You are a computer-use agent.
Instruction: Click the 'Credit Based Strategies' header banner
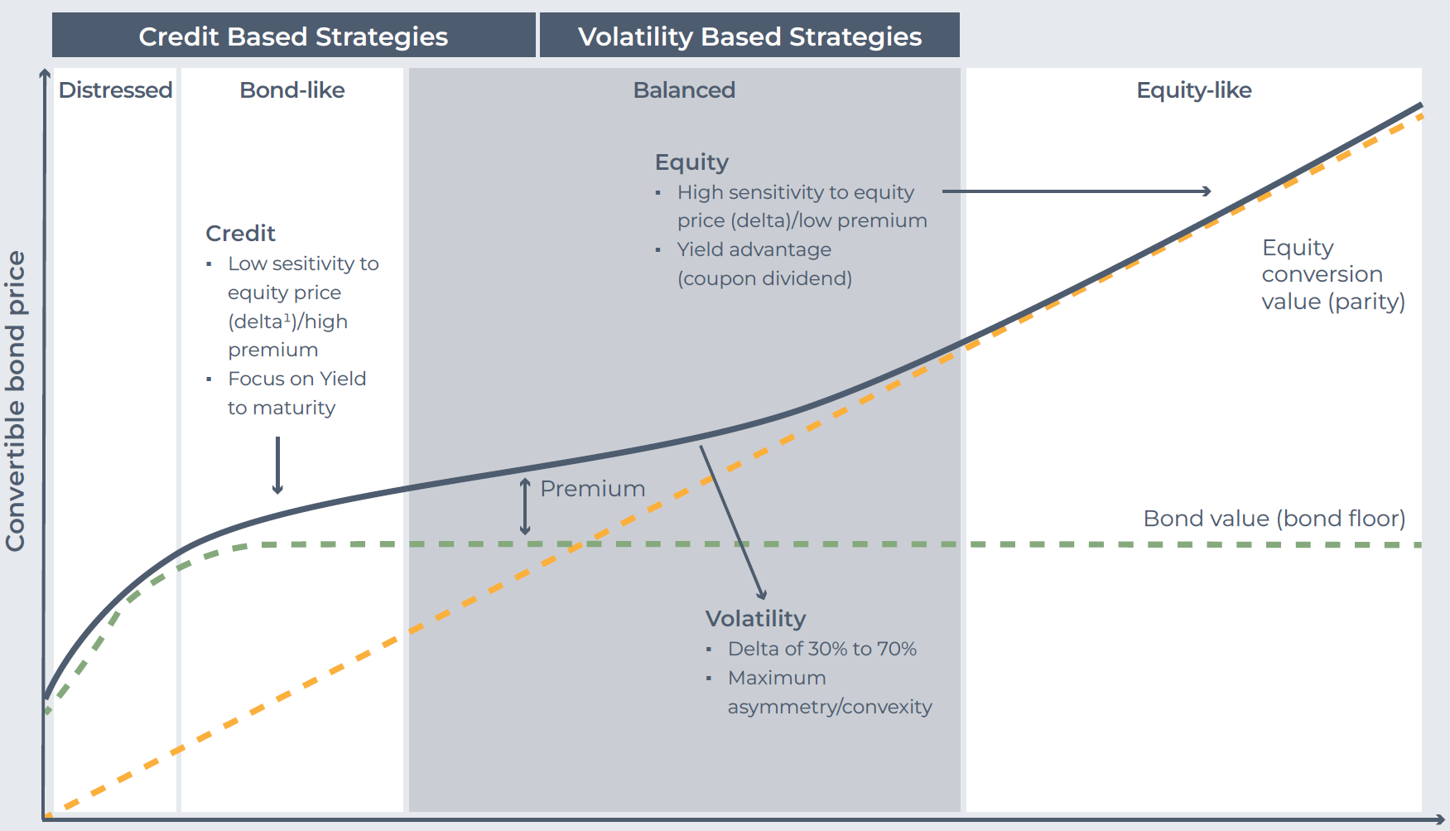tap(293, 36)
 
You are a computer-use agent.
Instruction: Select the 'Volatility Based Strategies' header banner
tap(749, 36)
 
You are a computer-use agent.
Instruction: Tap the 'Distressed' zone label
tap(115, 89)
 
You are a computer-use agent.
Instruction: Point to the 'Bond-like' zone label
tap(292, 89)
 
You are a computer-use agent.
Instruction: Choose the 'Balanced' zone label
tap(684, 89)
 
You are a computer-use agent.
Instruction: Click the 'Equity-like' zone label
tap(1194, 89)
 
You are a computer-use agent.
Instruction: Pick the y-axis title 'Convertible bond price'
tap(16, 401)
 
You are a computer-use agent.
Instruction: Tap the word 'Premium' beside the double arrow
tap(593, 489)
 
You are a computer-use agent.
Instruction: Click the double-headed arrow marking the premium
tap(525, 506)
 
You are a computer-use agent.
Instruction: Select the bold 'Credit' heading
tap(240, 234)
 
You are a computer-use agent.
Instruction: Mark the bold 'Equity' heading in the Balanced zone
tap(691, 162)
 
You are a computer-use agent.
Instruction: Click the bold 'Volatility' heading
tap(755, 619)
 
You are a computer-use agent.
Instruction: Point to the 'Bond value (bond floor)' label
tap(1274, 519)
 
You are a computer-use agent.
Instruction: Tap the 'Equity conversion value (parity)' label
tap(1333, 274)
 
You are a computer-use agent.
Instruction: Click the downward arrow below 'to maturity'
tap(277, 466)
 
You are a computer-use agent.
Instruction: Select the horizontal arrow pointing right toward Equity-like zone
tap(1077, 191)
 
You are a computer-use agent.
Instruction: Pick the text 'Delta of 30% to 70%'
tap(822, 649)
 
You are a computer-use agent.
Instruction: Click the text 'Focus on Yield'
tap(297, 379)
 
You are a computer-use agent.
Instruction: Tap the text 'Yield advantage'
tap(754, 249)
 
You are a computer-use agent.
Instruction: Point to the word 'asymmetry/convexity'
tap(830, 707)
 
